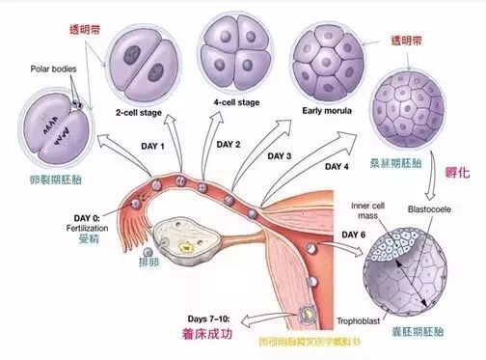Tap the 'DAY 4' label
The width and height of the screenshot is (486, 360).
coord(337,167)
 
